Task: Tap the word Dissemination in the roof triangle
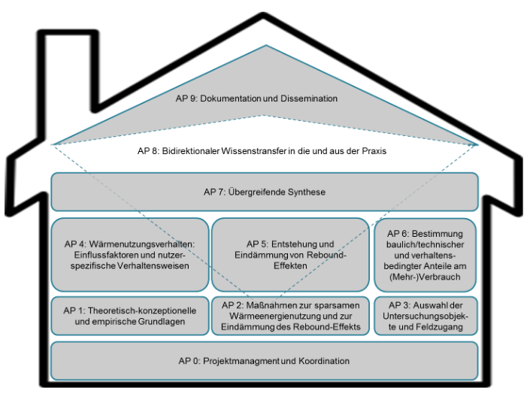tap(309, 98)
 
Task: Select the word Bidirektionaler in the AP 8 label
tap(190, 151)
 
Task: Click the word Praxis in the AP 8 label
tap(374, 151)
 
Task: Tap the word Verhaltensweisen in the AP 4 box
tap(153, 265)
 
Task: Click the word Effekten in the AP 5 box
tap(290, 265)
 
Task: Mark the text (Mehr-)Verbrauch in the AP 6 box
tap(425, 277)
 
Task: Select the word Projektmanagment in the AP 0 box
tap(241, 361)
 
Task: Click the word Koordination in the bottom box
tap(324, 361)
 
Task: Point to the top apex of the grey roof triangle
tap(266, 45)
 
